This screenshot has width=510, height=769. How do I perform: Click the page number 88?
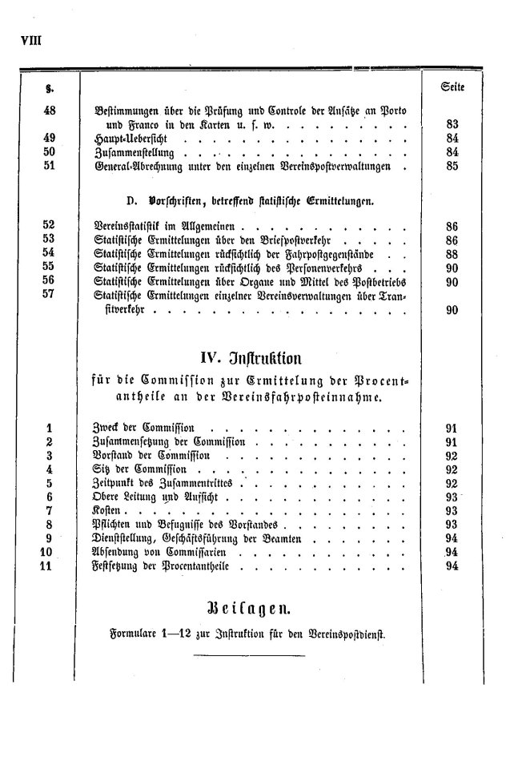click(x=452, y=254)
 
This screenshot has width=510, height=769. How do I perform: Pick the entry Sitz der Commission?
click(x=140, y=469)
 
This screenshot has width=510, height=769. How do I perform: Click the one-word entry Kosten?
click(x=110, y=511)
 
